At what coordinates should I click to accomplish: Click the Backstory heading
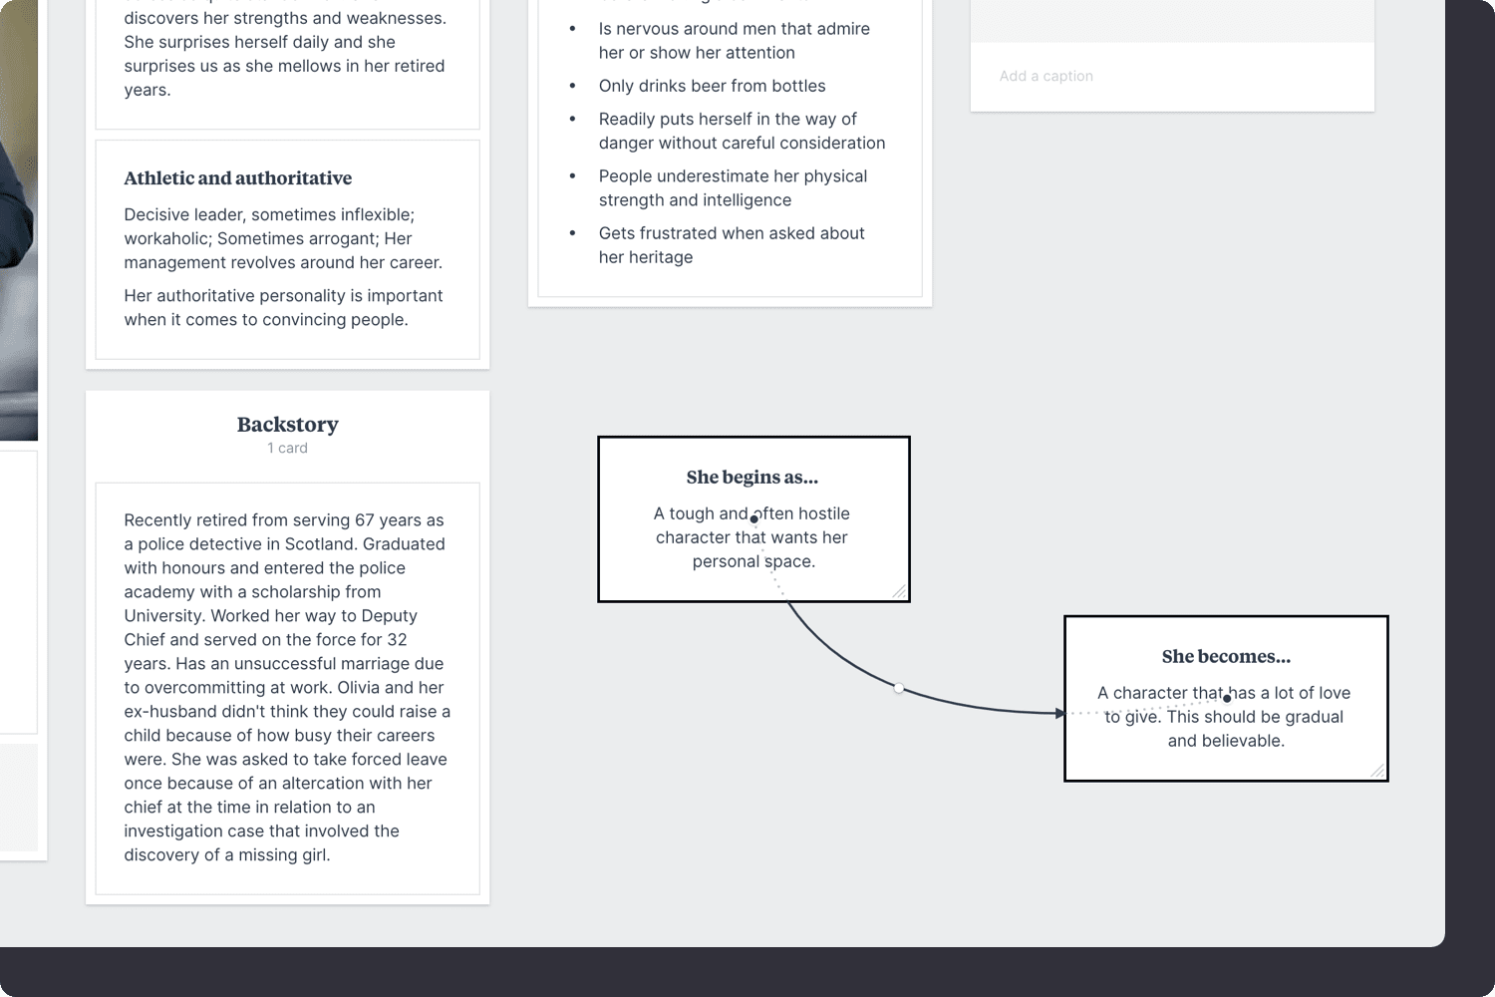pos(287,425)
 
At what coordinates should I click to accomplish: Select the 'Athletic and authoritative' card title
pos(237,178)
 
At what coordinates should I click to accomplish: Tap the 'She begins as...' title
pos(751,478)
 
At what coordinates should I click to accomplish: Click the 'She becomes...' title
pos(1225,657)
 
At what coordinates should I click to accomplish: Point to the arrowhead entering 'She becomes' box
pos(1060,713)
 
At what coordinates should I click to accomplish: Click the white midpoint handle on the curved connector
pos(899,688)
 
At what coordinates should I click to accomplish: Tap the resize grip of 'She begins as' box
pos(899,591)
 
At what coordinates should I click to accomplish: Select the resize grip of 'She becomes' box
pos(1377,771)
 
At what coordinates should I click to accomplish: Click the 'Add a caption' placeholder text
pos(1046,77)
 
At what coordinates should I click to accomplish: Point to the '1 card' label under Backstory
pos(287,449)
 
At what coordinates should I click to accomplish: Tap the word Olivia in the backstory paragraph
pos(358,688)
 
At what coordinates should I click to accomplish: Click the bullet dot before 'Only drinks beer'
pos(572,87)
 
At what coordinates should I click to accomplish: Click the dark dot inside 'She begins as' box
pos(754,518)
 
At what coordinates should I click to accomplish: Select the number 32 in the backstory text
pos(396,640)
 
